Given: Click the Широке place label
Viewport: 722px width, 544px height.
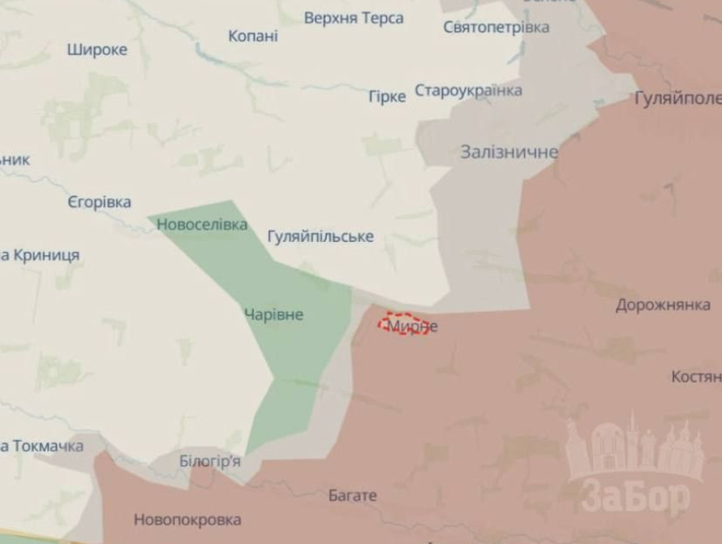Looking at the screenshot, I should point(97,50).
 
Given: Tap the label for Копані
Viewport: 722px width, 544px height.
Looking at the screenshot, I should point(253,37).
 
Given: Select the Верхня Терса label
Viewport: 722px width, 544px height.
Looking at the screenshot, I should point(354,18).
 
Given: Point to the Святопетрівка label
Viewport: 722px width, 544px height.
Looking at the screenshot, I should point(496,28).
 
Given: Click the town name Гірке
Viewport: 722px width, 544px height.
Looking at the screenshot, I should point(387,97).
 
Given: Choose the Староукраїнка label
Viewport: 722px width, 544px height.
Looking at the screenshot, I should point(468,90).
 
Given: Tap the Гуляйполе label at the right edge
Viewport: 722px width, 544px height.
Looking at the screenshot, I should point(678,99).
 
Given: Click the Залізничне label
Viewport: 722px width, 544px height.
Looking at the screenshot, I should point(509,152).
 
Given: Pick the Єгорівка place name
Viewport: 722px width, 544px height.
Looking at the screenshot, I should point(99,202).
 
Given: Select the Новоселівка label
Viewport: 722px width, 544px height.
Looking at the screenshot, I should point(203,225).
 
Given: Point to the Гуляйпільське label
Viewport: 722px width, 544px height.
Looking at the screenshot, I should point(320,236).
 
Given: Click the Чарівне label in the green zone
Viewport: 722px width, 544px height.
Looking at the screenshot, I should point(273,315).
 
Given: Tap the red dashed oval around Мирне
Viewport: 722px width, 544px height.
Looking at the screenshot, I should point(403,324).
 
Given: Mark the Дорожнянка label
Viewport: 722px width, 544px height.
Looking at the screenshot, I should point(663,306).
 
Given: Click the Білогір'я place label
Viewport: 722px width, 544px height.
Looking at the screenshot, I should point(210,461).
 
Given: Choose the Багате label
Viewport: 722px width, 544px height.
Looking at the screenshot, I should point(353,495).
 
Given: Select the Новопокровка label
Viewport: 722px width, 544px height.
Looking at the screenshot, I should point(187,520).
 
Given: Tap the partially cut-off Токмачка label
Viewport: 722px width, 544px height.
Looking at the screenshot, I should point(42,447).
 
